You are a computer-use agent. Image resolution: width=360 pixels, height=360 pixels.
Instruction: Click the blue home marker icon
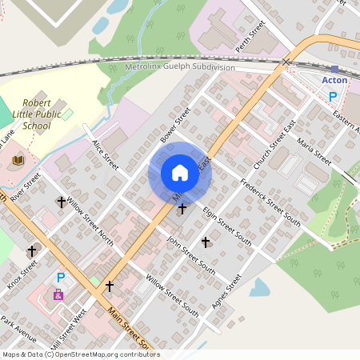180,173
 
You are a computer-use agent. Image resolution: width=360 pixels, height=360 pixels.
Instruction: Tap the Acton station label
334,81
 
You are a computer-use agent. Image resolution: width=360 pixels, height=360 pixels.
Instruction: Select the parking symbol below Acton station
334,96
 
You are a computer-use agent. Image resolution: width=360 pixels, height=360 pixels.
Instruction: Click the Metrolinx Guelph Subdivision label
181,68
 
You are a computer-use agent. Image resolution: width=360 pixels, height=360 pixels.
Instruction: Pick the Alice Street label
105,154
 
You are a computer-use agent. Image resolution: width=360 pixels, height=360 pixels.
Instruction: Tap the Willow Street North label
90,222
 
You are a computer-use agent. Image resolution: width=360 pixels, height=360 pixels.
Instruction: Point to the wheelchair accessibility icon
58,294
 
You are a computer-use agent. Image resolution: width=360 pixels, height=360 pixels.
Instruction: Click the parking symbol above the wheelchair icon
60,278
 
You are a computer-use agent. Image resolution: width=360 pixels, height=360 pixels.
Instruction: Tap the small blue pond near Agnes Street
259,287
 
